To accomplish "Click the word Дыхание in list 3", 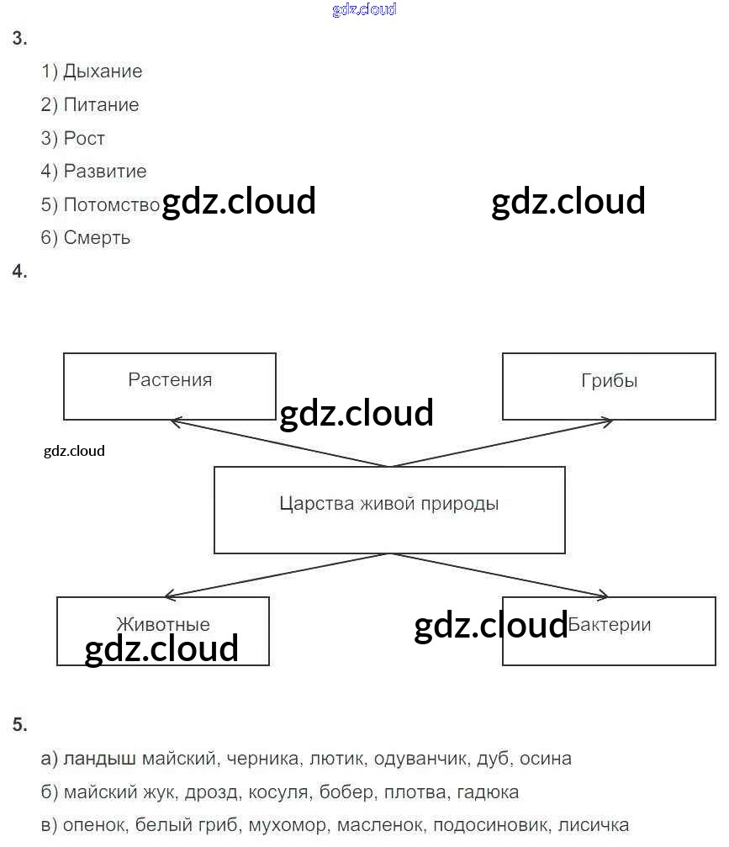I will coord(103,71).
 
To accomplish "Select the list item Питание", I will coord(101,105).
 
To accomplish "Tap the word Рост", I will coord(84,138).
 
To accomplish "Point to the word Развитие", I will coord(105,172).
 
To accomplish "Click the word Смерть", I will coord(97,238).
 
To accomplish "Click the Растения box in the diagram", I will coord(170,385).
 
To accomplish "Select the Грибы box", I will coord(609,385).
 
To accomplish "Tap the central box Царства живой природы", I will coord(388,509).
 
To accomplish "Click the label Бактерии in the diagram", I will coord(610,625).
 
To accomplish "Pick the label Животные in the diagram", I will coord(163,625).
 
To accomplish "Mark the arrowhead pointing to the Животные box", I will coord(169,596).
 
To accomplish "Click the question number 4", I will coord(19,272).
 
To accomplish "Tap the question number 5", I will coord(19,725).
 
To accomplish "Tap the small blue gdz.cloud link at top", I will coord(364,10).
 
